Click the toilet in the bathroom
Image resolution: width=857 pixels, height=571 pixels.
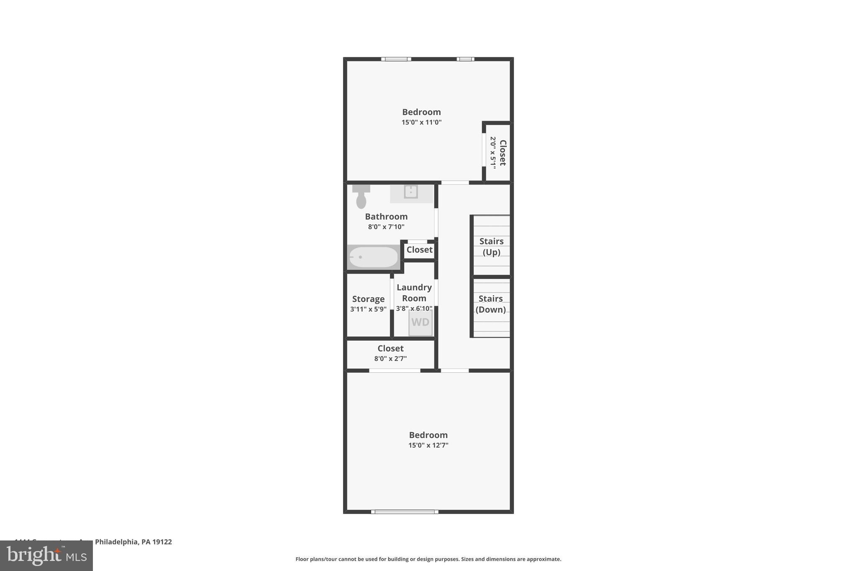tap(361, 197)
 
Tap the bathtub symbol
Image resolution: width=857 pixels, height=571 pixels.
tap(373, 257)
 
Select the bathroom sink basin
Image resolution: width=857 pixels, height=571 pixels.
tap(411, 192)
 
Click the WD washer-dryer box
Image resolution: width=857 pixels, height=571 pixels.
tap(420, 323)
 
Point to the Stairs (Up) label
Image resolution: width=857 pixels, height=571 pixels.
tap(491, 246)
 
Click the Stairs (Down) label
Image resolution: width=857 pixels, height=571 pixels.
tap(490, 304)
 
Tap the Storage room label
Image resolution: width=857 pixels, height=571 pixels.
tap(368, 299)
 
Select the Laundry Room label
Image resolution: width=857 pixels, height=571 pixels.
tap(414, 292)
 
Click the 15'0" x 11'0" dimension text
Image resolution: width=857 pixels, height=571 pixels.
tap(421, 123)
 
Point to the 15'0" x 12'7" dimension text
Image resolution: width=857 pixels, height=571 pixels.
tap(428, 446)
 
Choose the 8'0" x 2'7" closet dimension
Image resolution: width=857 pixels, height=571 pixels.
tap(390, 358)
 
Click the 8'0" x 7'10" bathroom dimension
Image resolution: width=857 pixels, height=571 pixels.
tap(386, 227)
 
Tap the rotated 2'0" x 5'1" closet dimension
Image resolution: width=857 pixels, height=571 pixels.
tap(493, 153)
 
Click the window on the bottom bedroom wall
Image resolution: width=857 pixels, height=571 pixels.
tap(405, 512)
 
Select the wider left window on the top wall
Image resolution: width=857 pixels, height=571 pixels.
tap(396, 59)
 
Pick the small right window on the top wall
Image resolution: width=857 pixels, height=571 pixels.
tap(465, 59)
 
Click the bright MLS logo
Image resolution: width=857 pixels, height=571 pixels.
tap(46, 556)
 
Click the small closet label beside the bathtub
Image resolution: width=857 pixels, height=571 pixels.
tap(419, 250)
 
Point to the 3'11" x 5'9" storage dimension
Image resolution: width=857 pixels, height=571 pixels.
tap(368, 310)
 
